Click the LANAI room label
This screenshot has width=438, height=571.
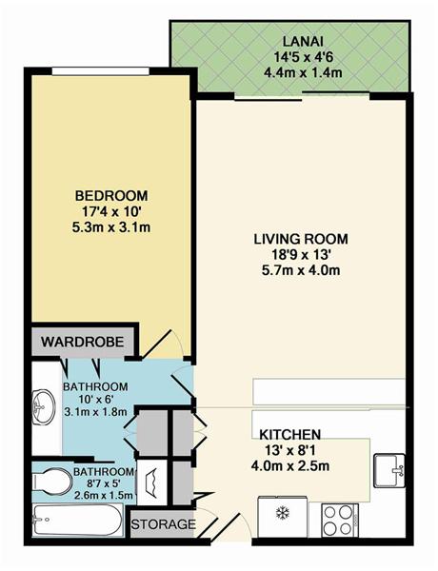[303, 41]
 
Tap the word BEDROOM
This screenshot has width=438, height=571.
[111, 195]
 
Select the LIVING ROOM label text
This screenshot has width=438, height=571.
[301, 239]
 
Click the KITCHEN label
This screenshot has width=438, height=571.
[290, 435]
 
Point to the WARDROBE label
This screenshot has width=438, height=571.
[82, 342]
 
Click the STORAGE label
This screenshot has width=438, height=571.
[163, 524]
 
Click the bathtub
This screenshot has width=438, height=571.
[77, 520]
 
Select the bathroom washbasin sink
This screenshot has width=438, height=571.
[44, 406]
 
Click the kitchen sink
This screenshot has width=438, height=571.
[389, 470]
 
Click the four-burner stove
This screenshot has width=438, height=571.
[340, 520]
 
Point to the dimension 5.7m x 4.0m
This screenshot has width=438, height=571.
[301, 270]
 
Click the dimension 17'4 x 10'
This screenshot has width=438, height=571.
[111, 211]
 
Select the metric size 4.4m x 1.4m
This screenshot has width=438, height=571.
[303, 72]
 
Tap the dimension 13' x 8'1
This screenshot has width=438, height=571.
[290, 450]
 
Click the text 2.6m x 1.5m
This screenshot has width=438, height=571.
[104, 495]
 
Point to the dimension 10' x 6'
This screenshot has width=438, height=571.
[95, 399]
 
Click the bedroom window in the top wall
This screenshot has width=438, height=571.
[100, 71]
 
